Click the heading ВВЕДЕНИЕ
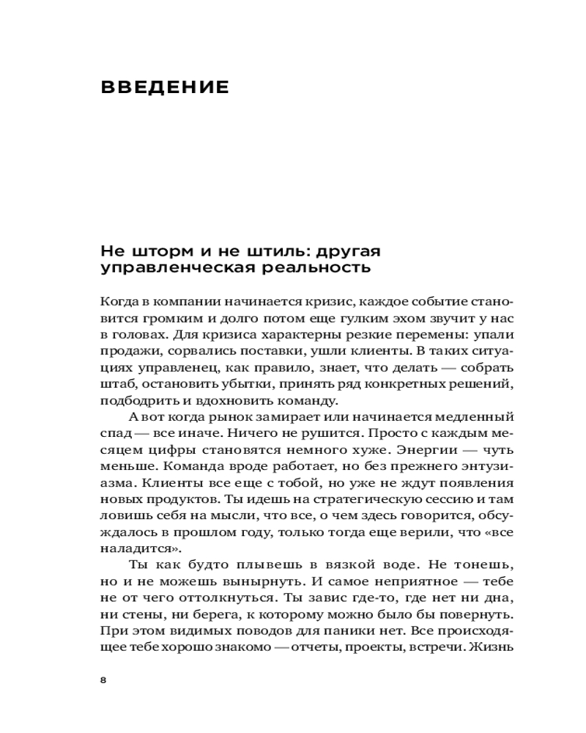pyautogui.click(x=165, y=88)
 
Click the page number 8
pyautogui.click(x=103, y=679)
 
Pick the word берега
pyautogui.click(x=202, y=614)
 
